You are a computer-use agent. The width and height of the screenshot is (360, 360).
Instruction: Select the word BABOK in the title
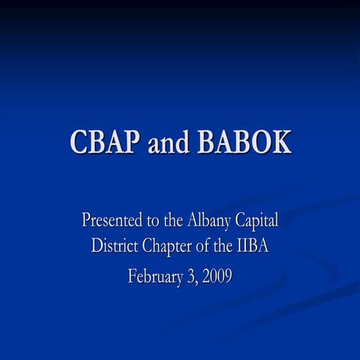[x=244, y=142]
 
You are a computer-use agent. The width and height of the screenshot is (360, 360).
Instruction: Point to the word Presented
[x=110, y=221]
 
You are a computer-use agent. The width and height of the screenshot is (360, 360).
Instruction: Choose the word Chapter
[x=169, y=244]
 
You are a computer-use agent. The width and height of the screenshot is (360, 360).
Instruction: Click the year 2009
[x=216, y=276]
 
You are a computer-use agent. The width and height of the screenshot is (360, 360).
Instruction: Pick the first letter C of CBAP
[x=80, y=142]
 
